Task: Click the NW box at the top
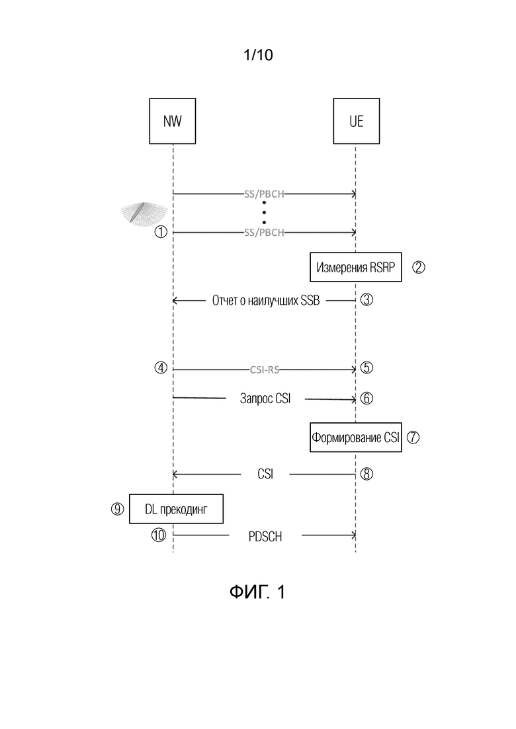pos(172,121)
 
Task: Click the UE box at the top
pos(357,121)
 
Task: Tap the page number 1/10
pos(258,55)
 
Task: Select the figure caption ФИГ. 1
pos(257,592)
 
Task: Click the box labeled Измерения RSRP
pos(356,267)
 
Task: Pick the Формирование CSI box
pos(356,438)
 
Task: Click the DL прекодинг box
pos(176,509)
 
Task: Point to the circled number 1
pos(161,231)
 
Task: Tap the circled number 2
pos(418,267)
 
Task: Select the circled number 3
pos(366,300)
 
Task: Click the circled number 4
pos(161,367)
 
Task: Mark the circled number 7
pos(413,438)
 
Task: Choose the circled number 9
pos(117,509)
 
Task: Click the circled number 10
pos(159,535)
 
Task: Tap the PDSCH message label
pos(265,537)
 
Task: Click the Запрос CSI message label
pos(265,399)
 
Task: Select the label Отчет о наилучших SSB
pos(266,300)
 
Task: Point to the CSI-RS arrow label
pos(265,369)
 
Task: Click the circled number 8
pos(366,474)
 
